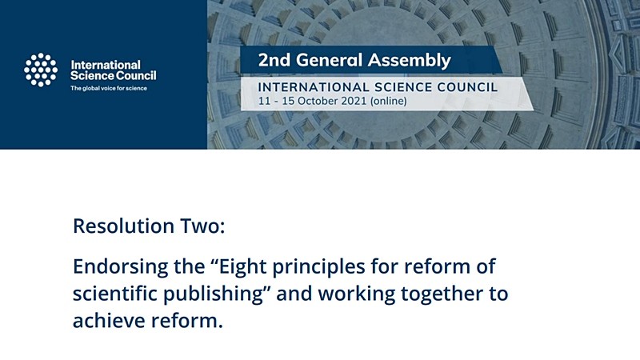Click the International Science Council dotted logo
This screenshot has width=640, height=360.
coord(41,70)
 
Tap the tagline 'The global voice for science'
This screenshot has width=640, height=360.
coord(109,88)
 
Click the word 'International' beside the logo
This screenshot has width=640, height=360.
coord(106,65)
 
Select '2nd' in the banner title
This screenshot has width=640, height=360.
coord(274,60)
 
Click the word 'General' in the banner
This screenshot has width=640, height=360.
coord(329,60)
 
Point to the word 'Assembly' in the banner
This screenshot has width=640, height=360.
coord(410,61)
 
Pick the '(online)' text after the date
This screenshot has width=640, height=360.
coord(389,102)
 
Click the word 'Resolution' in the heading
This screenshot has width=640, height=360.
coord(124,226)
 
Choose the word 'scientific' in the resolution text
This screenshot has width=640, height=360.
coord(114,294)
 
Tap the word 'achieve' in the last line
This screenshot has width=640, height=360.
coord(109,321)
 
